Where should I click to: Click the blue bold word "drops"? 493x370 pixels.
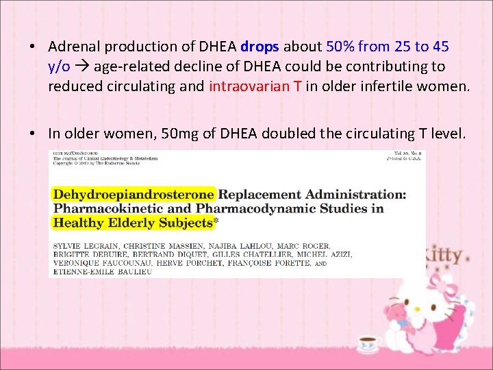[x=260, y=47]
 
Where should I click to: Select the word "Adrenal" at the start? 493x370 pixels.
[x=74, y=47]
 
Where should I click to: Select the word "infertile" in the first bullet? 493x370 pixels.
[x=364, y=86]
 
